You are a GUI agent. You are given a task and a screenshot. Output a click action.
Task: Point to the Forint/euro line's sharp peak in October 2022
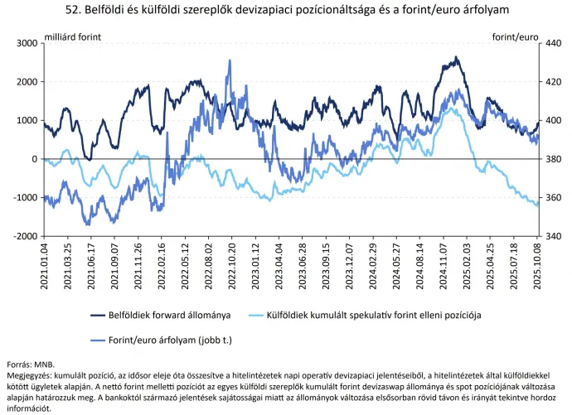click(x=229, y=60)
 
